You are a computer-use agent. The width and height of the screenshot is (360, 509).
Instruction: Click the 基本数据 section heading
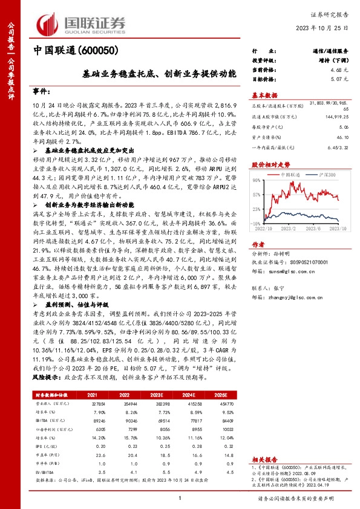[x=264, y=95]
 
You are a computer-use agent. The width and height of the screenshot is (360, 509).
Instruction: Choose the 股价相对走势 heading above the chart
[x=269, y=164]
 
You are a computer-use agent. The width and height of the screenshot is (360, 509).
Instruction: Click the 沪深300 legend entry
[x=328, y=174]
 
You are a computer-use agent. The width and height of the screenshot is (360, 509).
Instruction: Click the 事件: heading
[x=42, y=91]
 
